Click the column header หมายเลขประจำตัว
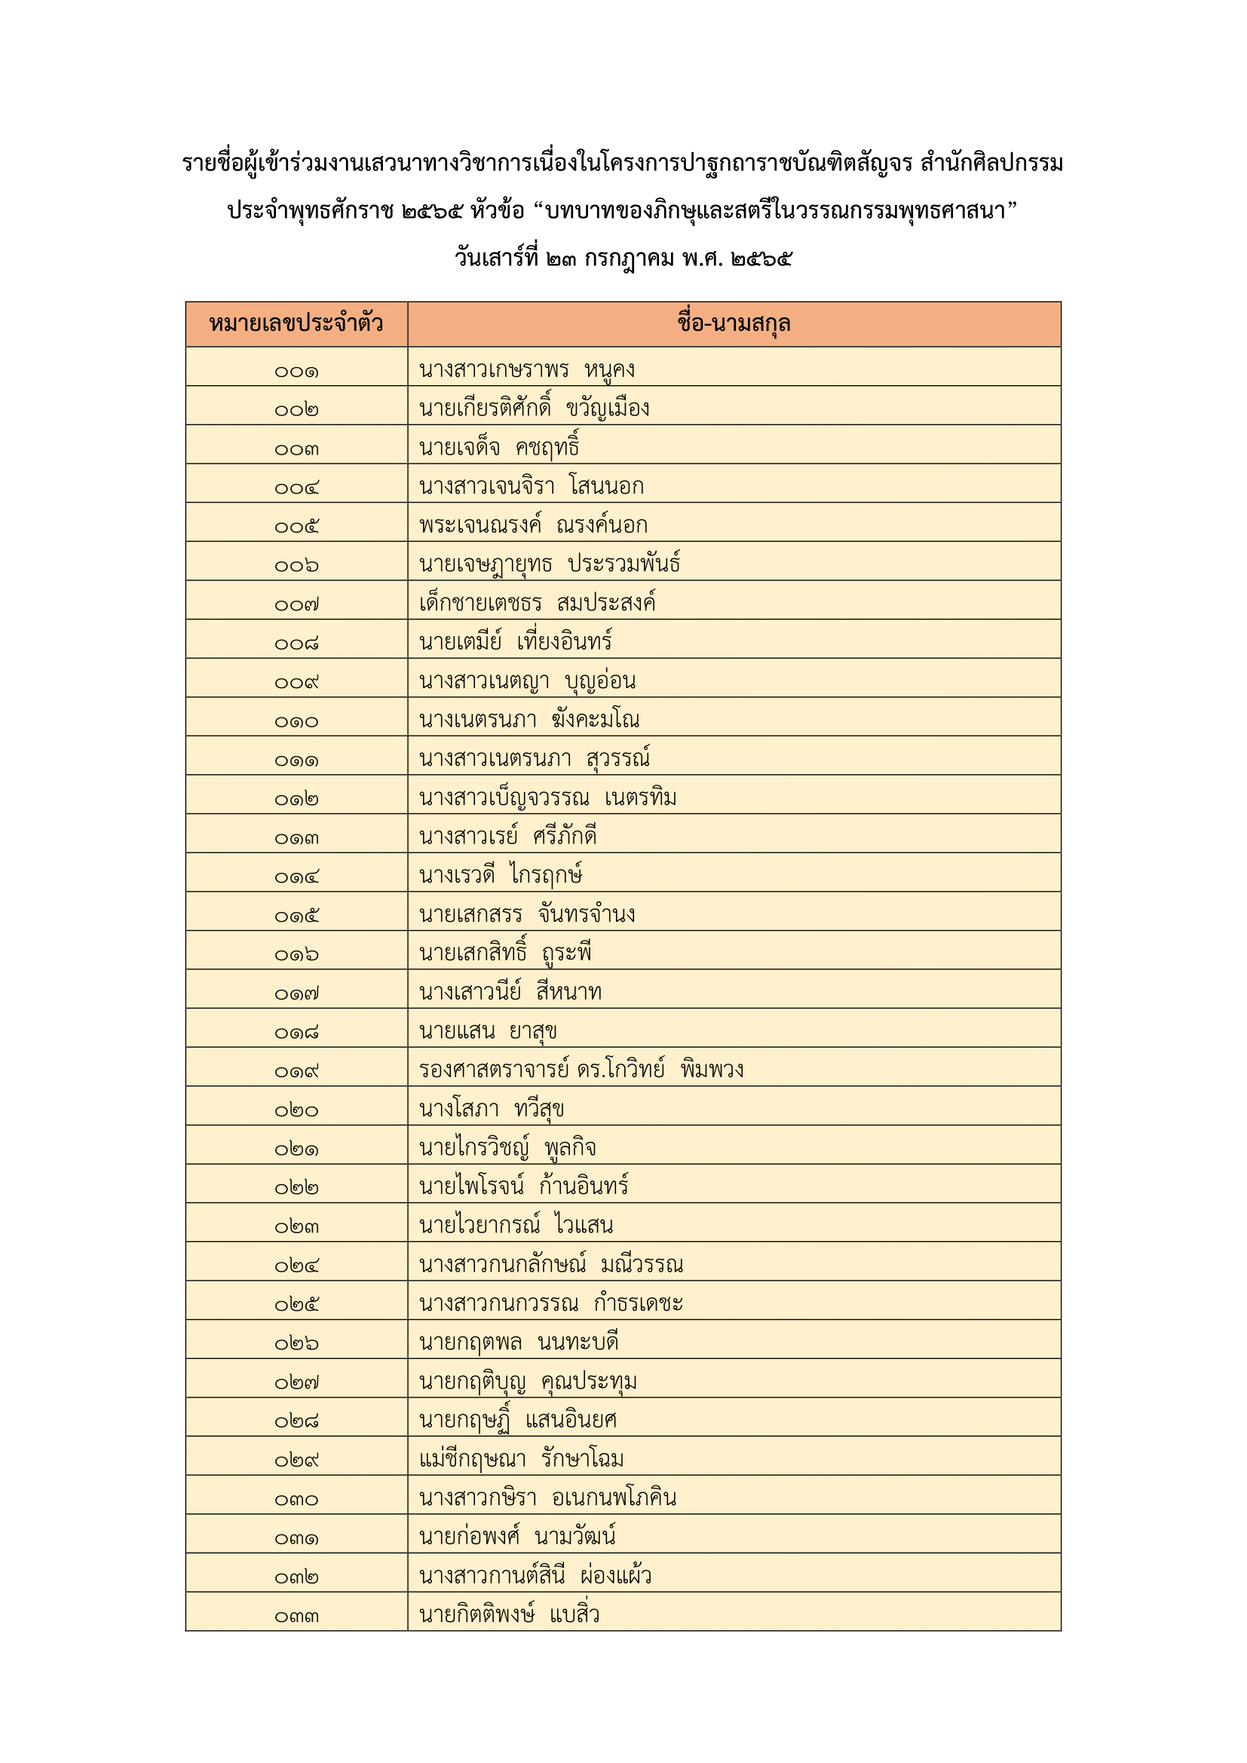click(x=296, y=323)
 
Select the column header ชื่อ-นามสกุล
click(x=734, y=323)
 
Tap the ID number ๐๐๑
click(x=296, y=372)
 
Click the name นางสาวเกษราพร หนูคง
click(x=527, y=369)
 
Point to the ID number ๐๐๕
click(x=296, y=527)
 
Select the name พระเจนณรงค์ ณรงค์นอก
click(x=533, y=525)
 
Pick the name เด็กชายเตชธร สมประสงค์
click(x=537, y=603)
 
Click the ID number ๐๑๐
click(x=296, y=722)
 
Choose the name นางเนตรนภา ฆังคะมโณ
click(x=529, y=720)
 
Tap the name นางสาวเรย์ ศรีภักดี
click(x=507, y=836)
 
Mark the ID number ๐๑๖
click(x=296, y=954)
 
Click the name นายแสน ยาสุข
click(x=488, y=1030)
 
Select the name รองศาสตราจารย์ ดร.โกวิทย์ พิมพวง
click(x=581, y=1069)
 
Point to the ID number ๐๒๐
click(x=296, y=1110)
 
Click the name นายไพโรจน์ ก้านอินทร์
click(x=523, y=1186)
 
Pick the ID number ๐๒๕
click(x=296, y=1305)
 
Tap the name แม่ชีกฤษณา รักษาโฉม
click(x=521, y=1458)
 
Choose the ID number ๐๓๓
click(x=296, y=1616)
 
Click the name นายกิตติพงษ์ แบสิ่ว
click(x=509, y=1614)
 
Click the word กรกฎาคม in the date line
click(x=629, y=258)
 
